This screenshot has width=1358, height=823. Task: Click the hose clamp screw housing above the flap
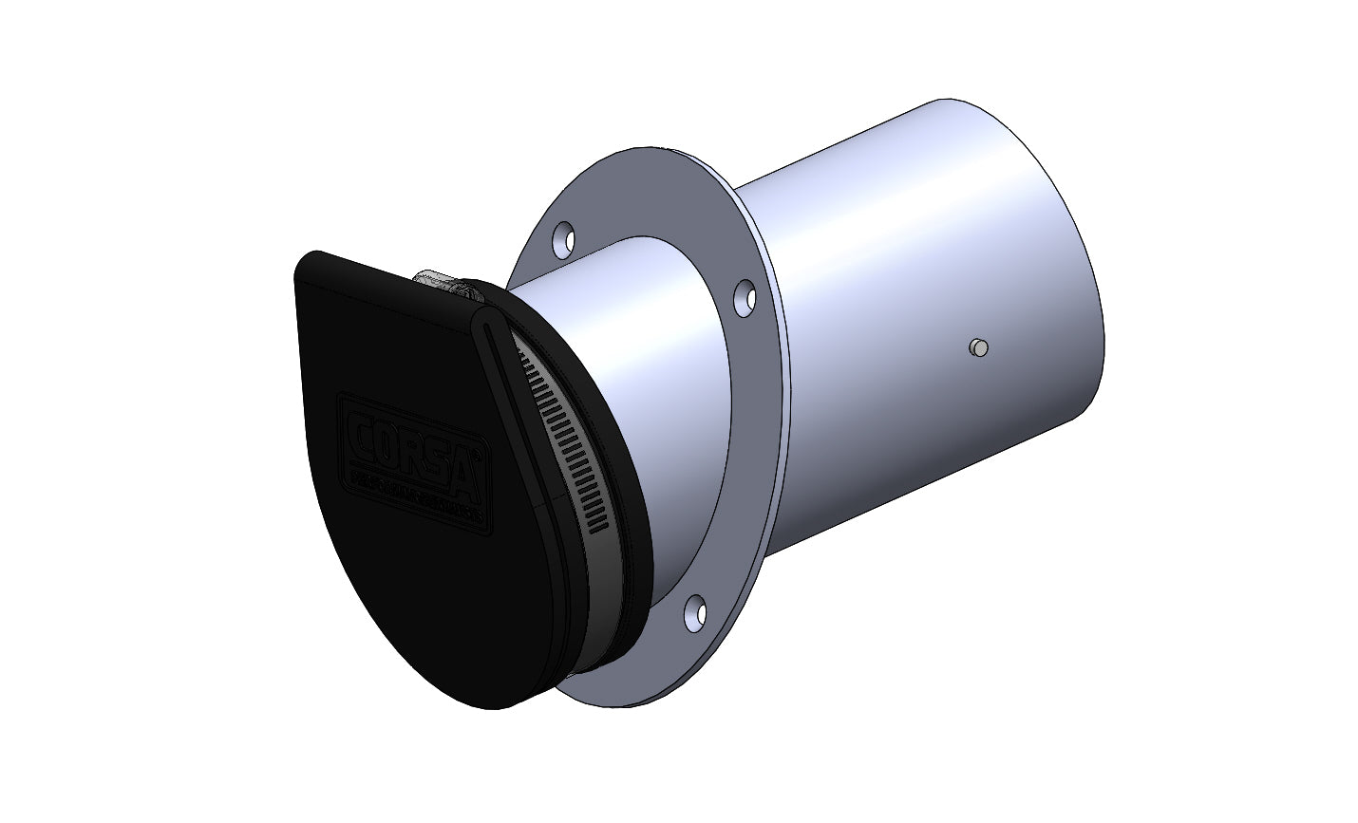coord(440,278)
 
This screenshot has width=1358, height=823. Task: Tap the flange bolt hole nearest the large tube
coord(745,297)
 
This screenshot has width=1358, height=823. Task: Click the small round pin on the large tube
coord(978,348)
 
